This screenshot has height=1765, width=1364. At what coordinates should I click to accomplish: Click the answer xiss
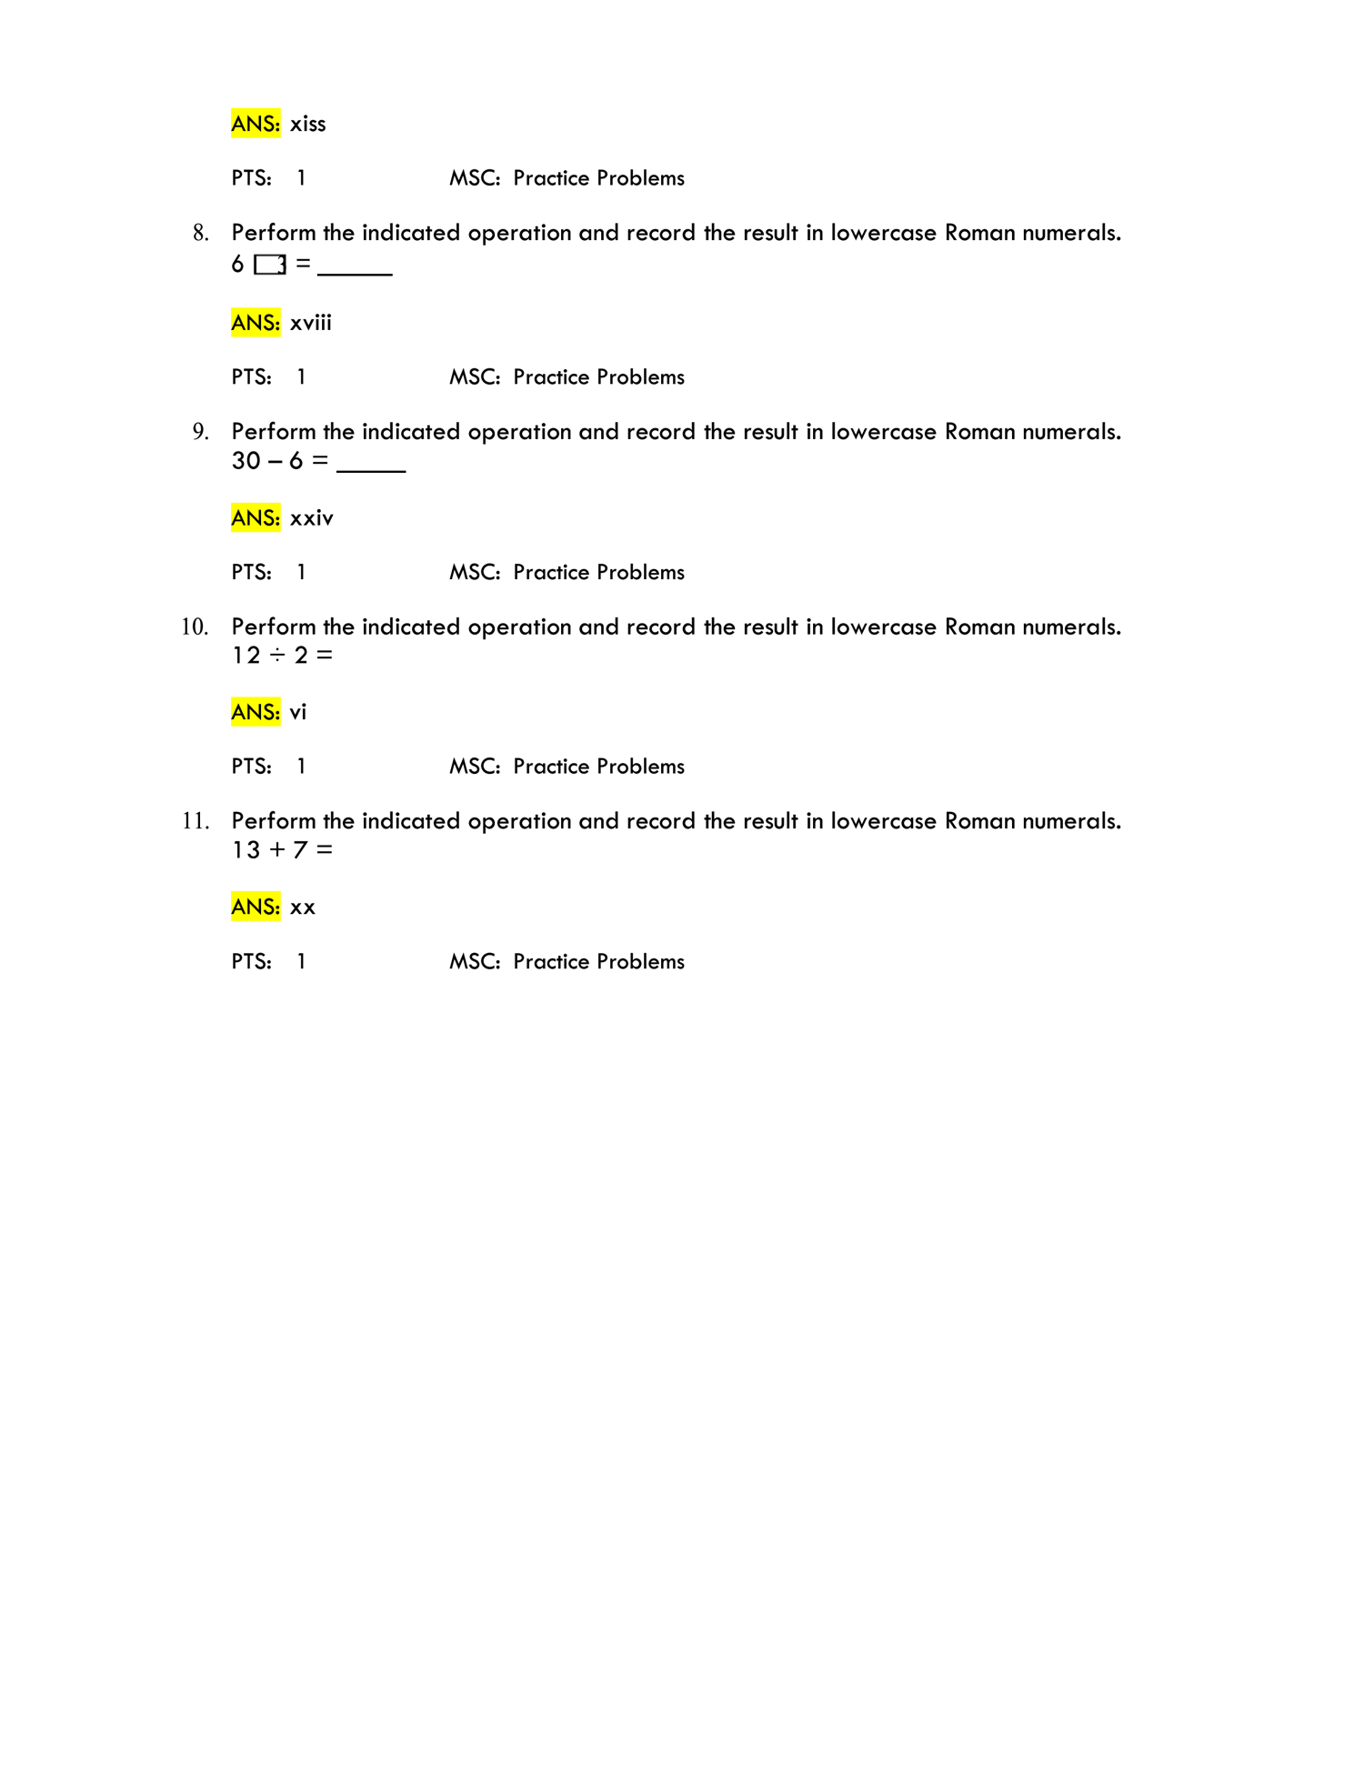pyautogui.click(x=307, y=124)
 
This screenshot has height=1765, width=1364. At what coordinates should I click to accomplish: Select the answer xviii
pyautogui.click(x=310, y=323)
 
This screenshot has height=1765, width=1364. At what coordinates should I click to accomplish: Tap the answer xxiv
pyautogui.click(x=311, y=518)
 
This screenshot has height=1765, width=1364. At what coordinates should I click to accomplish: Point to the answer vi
pyautogui.click(x=298, y=712)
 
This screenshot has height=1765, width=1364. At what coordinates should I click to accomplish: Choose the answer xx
pyautogui.click(x=303, y=908)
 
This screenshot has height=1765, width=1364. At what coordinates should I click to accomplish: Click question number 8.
pyautogui.click(x=201, y=233)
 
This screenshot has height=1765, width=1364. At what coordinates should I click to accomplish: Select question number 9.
pyautogui.click(x=201, y=431)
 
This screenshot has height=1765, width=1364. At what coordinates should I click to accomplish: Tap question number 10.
pyautogui.click(x=196, y=627)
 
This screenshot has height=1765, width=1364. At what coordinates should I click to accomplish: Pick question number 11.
pyautogui.click(x=196, y=821)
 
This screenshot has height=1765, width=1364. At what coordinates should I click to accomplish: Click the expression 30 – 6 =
pyautogui.click(x=280, y=461)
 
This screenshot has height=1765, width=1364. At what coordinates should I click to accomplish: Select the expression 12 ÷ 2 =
pyautogui.click(x=283, y=656)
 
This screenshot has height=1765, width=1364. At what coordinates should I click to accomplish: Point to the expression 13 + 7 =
pyautogui.click(x=283, y=850)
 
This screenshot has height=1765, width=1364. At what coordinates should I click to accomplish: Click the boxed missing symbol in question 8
pyautogui.click(x=270, y=265)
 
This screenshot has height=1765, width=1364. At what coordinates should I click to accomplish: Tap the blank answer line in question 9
pyautogui.click(x=371, y=471)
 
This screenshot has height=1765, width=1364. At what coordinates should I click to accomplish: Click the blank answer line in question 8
pyautogui.click(x=355, y=274)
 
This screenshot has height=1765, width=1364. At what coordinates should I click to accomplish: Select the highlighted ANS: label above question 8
pyautogui.click(x=256, y=124)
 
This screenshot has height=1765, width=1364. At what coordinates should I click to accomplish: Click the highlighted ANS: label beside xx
pyautogui.click(x=256, y=907)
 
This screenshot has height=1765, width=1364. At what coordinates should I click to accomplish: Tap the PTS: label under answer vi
pyautogui.click(x=252, y=767)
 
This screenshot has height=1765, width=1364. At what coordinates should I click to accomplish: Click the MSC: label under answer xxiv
pyautogui.click(x=475, y=572)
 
